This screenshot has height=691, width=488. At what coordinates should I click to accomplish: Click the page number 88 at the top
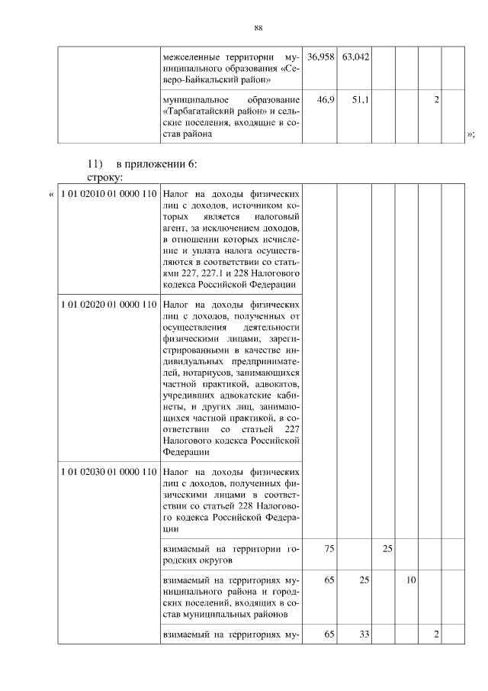[258, 28]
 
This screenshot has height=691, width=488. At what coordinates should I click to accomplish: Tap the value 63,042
[355, 57]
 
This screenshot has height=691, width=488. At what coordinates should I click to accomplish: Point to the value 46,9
[326, 100]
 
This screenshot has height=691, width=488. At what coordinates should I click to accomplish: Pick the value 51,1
[361, 100]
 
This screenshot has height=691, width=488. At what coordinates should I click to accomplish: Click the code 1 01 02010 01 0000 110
[108, 194]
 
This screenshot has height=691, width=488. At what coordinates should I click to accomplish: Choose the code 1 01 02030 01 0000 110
[108, 471]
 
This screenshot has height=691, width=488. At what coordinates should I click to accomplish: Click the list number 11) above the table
[95, 164]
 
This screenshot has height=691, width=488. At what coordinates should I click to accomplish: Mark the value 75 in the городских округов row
[329, 549]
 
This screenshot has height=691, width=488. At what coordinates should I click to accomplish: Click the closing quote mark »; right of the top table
[470, 134]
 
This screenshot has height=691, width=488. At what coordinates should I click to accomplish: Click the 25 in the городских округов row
[387, 549]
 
